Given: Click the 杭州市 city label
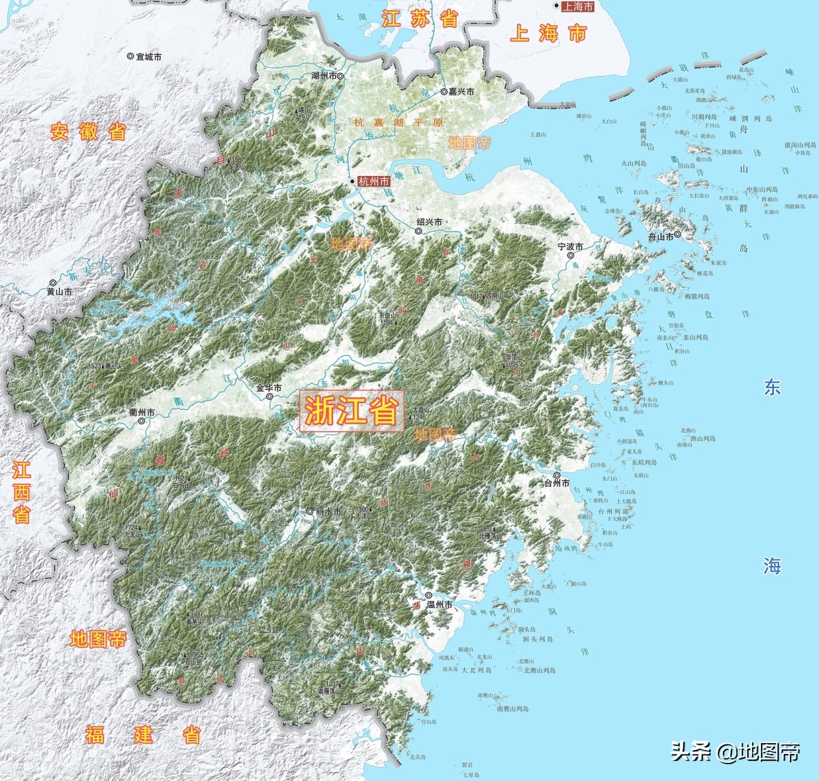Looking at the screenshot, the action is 374,182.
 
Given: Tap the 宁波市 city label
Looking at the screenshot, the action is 571,247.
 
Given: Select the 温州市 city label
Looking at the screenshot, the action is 440,605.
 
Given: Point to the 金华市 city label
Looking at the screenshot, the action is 268,388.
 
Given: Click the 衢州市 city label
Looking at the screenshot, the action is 141,412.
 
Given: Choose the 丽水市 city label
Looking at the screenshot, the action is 328,511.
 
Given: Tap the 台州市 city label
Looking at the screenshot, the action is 556,482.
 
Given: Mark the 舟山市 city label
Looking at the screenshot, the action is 661,237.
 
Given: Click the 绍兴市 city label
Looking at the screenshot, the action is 430,222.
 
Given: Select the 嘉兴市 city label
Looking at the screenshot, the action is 461,92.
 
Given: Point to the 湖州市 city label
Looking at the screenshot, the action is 324,76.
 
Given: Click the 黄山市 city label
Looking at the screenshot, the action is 59,292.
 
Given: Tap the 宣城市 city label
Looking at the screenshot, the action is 148,57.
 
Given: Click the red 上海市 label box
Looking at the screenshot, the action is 577,6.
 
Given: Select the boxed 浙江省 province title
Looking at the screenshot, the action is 352,411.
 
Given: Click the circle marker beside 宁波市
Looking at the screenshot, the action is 571,256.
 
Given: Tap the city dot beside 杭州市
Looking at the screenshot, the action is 352,182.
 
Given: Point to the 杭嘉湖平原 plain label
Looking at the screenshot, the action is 399,122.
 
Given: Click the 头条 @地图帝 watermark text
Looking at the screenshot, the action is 735,751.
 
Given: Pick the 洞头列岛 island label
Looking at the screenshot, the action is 538,639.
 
